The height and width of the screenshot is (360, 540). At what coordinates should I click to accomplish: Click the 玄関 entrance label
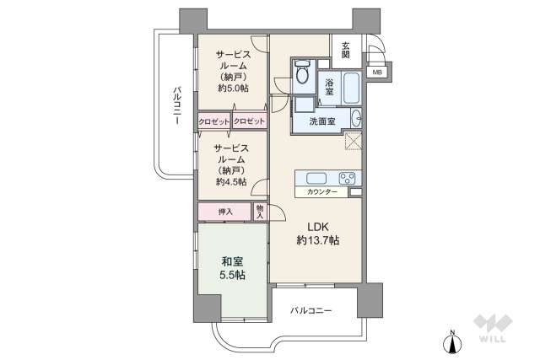(346, 50)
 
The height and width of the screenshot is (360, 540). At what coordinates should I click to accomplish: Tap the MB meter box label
(376, 72)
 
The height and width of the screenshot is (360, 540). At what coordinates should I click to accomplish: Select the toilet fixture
(303, 75)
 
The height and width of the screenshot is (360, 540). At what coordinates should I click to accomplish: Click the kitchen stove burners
(348, 178)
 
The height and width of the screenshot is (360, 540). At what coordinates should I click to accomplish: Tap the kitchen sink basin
(316, 178)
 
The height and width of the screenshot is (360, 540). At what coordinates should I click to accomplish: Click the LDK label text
(317, 226)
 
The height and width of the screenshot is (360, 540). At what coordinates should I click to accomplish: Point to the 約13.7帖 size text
(317, 240)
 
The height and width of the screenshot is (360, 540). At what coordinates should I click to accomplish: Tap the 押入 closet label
(224, 211)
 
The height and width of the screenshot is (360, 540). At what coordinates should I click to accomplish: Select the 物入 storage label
(260, 211)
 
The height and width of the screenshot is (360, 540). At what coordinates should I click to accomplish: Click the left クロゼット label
(213, 121)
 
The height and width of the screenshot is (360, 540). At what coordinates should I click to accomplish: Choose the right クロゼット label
(250, 121)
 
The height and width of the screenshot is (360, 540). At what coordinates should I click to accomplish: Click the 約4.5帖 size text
(230, 182)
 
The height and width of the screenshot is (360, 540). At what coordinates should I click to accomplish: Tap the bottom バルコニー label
(311, 311)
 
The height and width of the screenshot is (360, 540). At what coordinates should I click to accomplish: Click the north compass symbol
(453, 341)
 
